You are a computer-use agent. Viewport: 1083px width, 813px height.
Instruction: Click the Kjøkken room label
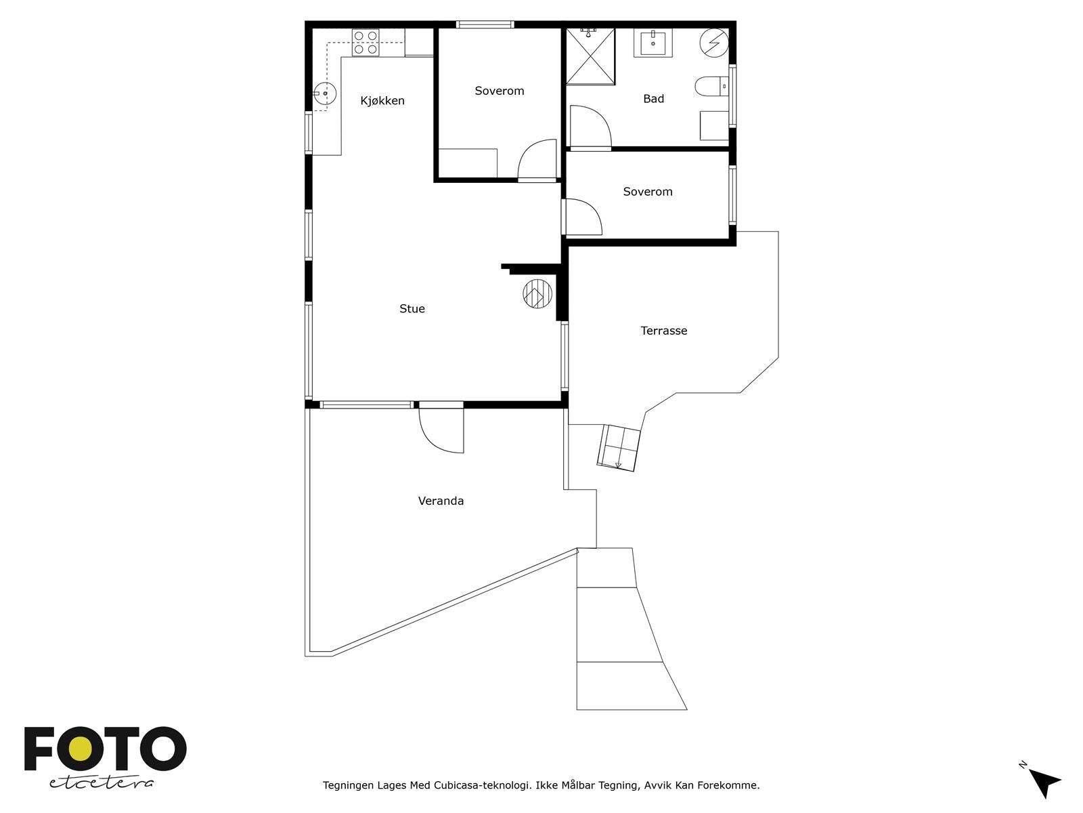tap(382, 101)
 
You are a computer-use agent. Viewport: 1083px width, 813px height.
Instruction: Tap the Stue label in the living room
tap(412, 308)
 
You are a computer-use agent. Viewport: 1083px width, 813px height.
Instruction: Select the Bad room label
tap(653, 99)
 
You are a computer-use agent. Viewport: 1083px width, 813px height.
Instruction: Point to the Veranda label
tap(441, 501)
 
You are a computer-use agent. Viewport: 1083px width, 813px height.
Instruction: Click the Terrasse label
tap(663, 331)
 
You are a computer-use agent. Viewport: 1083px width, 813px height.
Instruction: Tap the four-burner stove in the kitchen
tap(366, 43)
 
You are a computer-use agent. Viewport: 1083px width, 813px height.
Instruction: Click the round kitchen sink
tap(325, 93)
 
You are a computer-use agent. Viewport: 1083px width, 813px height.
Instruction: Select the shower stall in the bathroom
tap(591, 56)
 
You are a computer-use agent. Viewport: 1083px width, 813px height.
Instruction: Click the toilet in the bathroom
tap(711, 87)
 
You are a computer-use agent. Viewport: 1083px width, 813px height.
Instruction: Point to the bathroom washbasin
tap(653, 43)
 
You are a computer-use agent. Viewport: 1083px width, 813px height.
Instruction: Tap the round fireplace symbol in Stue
tap(537, 294)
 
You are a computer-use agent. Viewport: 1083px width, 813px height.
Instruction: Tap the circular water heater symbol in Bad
tap(714, 43)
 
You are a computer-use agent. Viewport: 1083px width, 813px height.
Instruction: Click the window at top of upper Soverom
tap(485, 24)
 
